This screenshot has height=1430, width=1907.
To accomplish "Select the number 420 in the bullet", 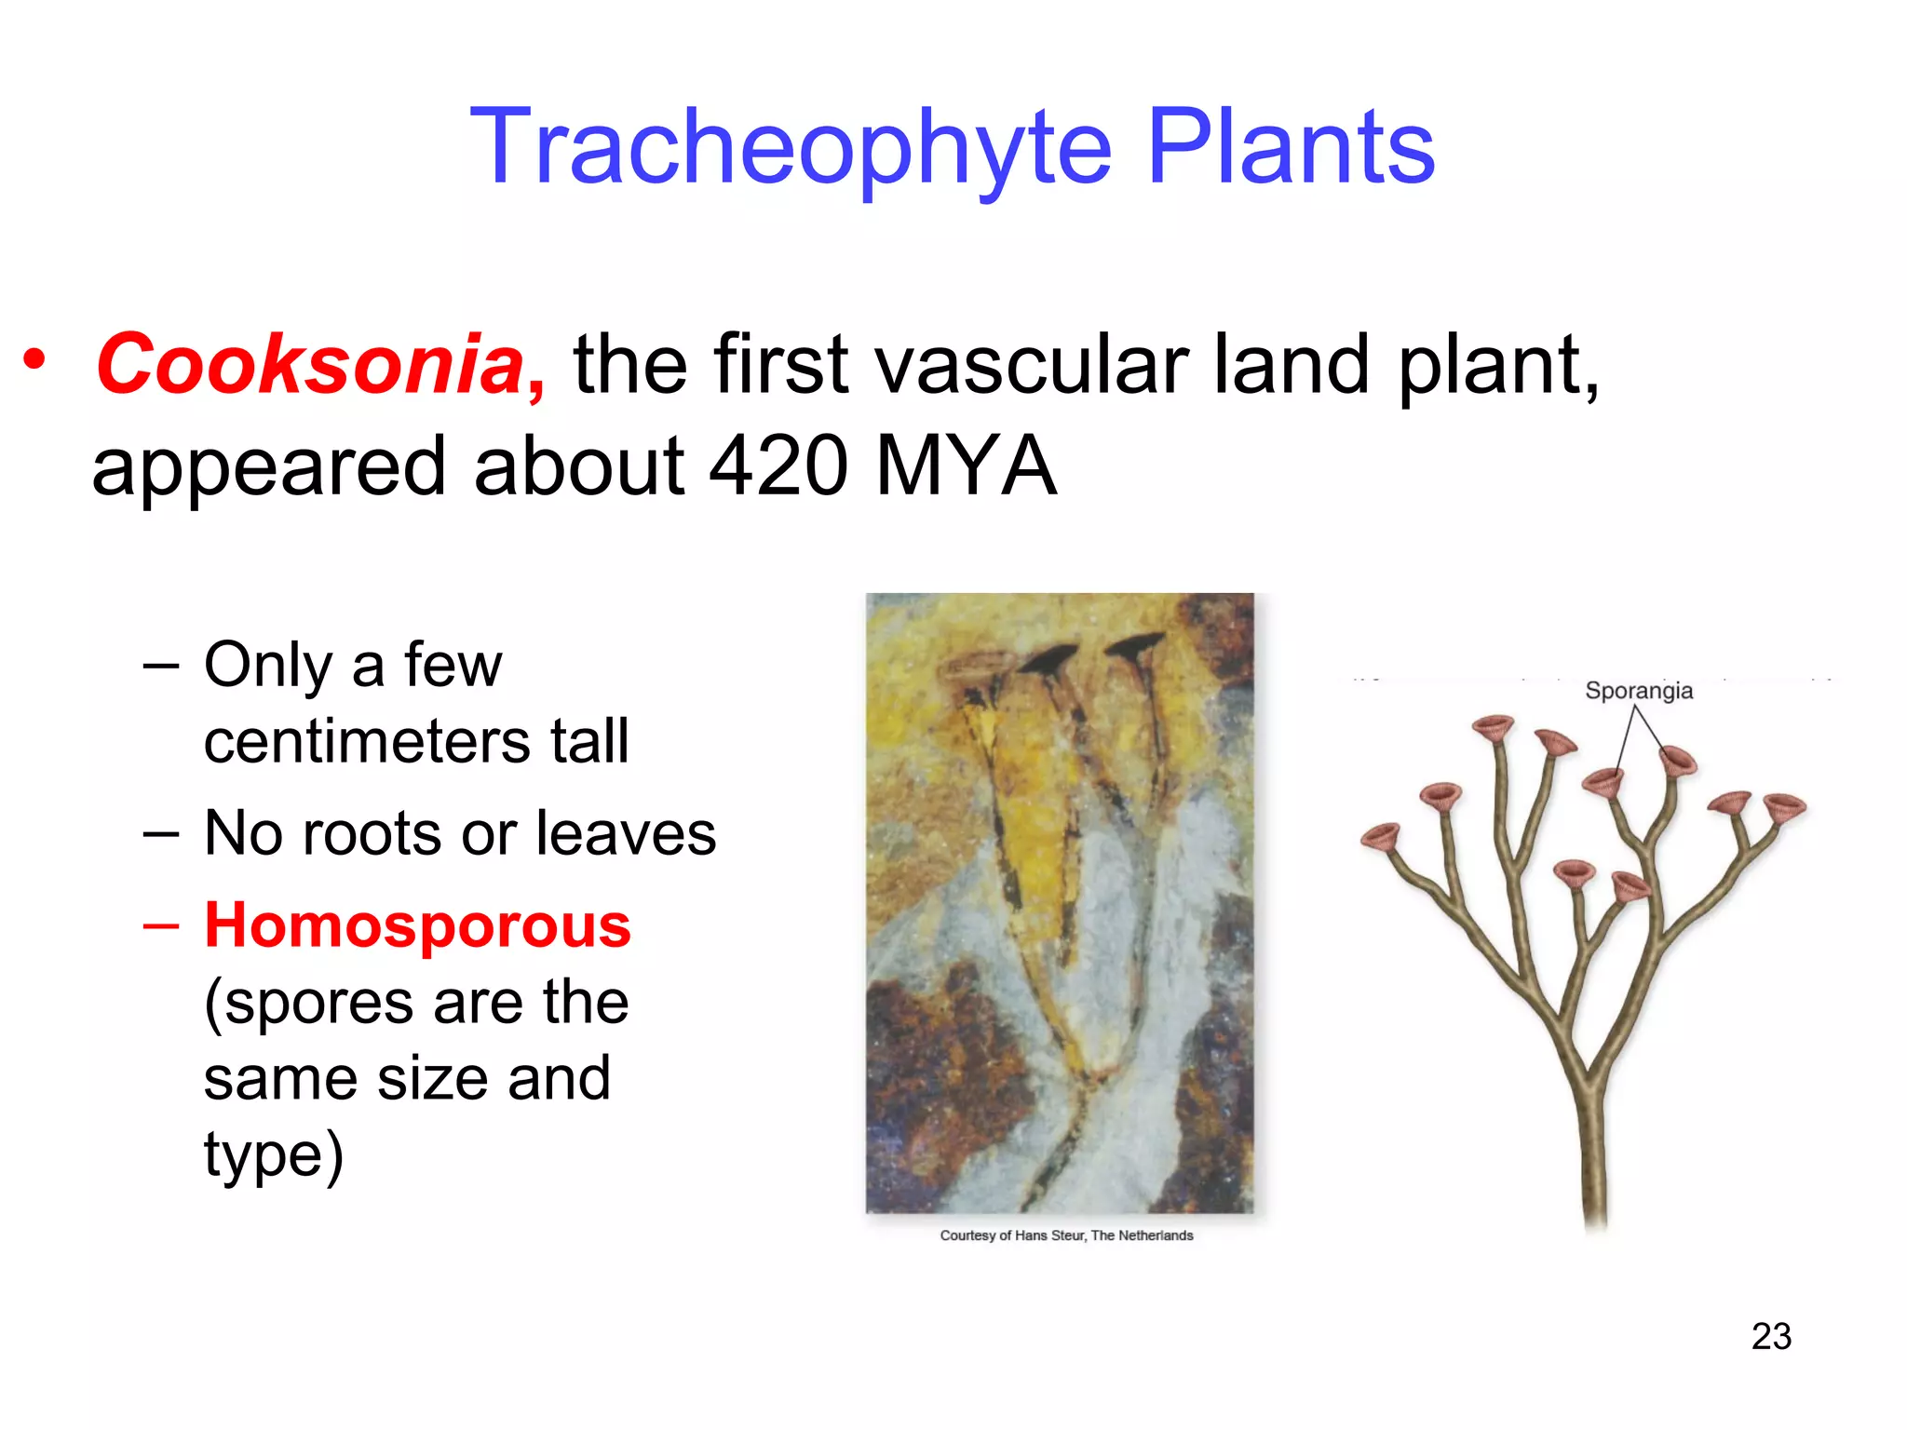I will (778, 466).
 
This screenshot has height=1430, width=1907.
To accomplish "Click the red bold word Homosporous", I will (417, 926).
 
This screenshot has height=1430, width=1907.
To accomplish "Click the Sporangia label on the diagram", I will (1638, 691).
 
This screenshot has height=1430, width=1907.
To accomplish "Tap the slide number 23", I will (1771, 1337).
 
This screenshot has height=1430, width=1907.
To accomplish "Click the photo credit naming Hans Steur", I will (1066, 1235).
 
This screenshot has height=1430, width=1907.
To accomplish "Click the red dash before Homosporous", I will (161, 926).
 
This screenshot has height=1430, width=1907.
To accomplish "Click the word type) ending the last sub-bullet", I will (274, 1155).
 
